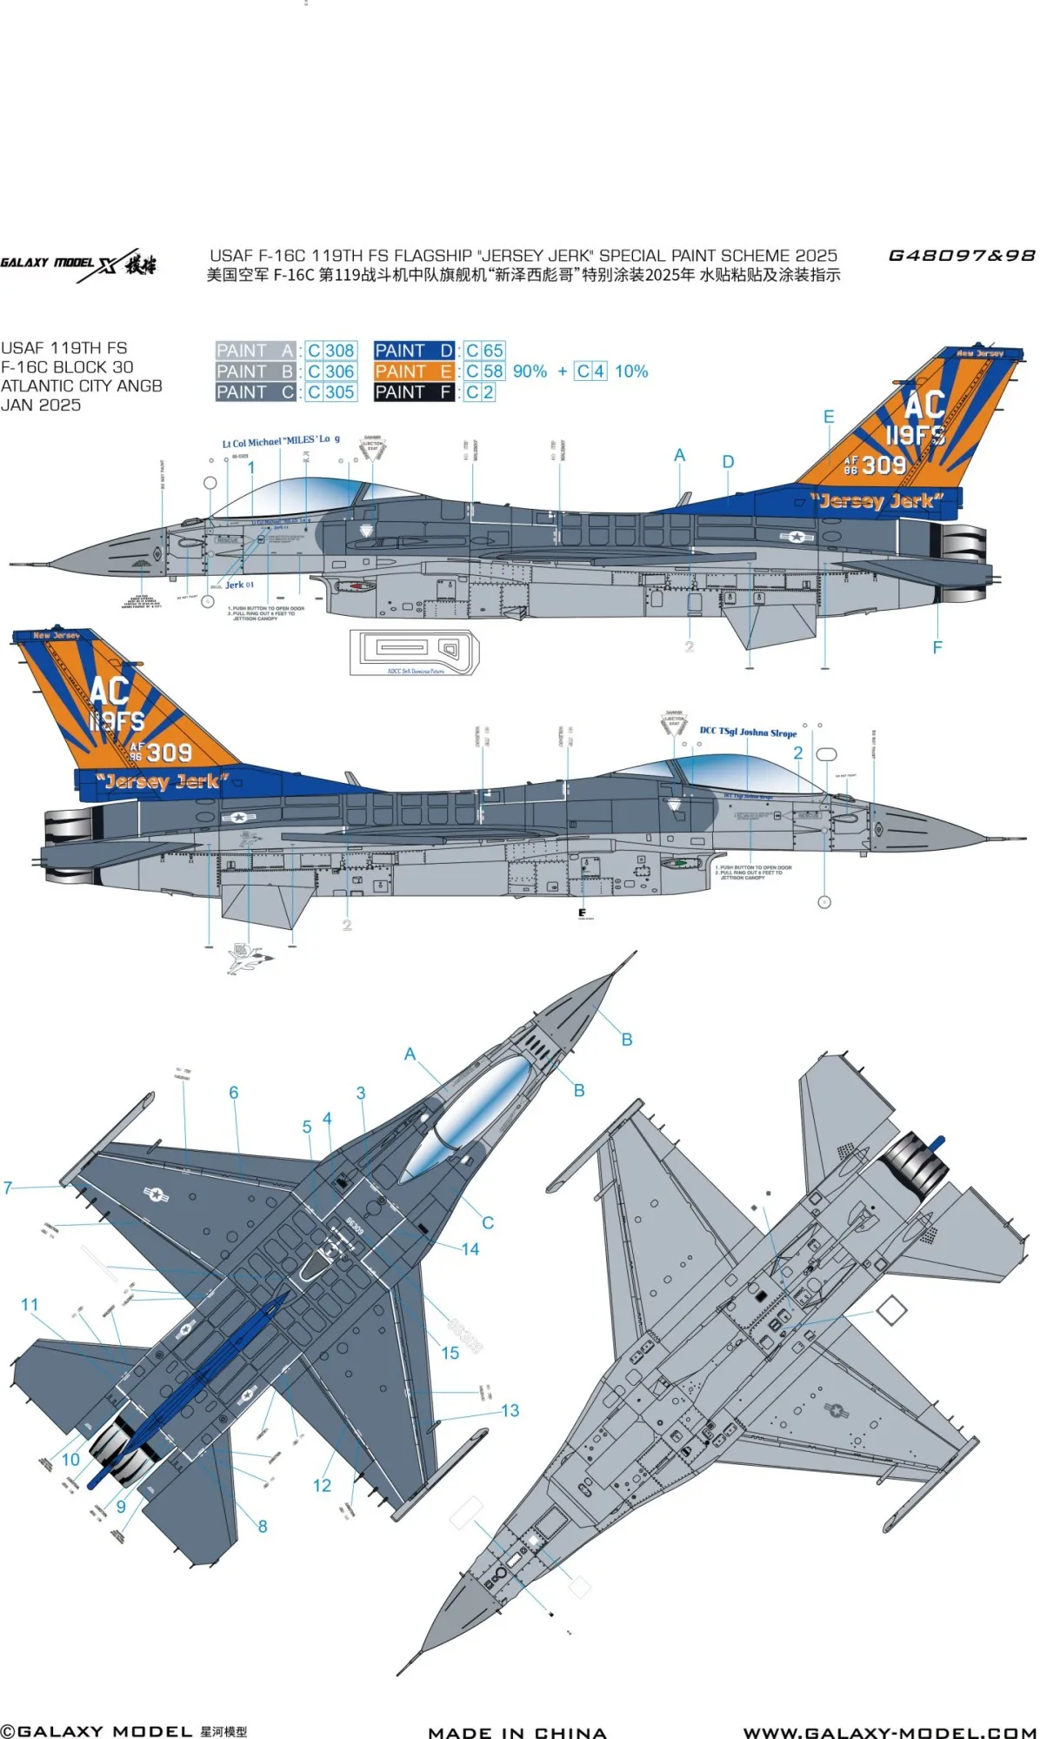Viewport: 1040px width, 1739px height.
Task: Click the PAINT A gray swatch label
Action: pos(256,351)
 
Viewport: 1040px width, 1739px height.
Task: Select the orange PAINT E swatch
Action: pos(414,371)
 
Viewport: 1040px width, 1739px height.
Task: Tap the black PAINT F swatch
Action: pos(414,392)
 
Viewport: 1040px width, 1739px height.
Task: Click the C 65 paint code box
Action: pos(484,351)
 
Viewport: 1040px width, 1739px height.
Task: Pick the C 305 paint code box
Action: pos(330,392)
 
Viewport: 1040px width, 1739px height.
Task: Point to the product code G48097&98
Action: pos(961,256)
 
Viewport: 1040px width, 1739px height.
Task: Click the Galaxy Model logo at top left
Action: pos(78,264)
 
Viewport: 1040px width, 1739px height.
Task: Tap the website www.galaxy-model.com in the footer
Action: pos(890,1731)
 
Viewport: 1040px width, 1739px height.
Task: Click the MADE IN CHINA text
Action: pos(517,1732)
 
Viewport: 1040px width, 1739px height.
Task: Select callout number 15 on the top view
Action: pos(450,1353)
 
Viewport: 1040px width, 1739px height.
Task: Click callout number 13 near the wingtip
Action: pos(510,1410)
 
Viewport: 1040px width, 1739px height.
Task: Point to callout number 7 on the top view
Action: pos(8,1187)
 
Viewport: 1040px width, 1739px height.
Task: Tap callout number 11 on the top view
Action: pos(30,1305)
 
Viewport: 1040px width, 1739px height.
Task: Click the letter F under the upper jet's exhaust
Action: pos(937,647)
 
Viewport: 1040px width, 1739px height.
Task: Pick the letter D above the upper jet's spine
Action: pos(728,462)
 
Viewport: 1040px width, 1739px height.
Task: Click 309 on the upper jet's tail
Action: pos(883,465)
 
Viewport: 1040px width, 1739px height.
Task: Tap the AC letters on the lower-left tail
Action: pos(110,692)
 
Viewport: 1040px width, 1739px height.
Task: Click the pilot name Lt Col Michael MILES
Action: pos(281,441)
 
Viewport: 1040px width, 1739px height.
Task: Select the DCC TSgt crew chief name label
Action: pos(748,732)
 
